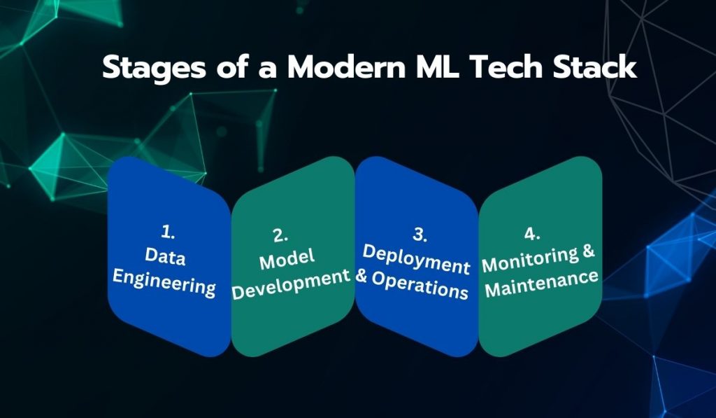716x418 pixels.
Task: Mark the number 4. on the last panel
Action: (x=531, y=233)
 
